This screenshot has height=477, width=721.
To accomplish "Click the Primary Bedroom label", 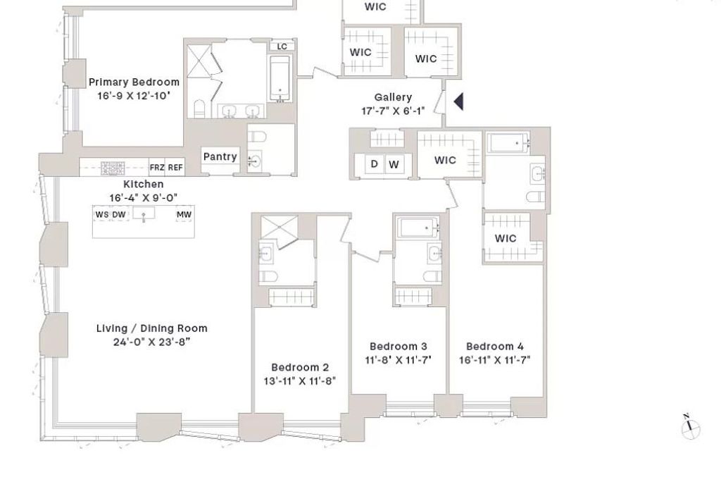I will [x=134, y=82].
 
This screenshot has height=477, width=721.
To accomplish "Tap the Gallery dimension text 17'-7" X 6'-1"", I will [x=393, y=111].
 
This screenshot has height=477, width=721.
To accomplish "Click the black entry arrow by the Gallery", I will [x=458, y=102].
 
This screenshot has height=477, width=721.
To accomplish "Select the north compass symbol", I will [x=691, y=426].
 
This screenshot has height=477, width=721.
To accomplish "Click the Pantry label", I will [x=220, y=156].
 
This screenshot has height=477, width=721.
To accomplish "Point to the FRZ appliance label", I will [x=157, y=168].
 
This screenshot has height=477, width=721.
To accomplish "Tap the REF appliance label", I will [x=175, y=168].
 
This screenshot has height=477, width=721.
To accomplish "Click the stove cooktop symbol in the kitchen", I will [x=113, y=168].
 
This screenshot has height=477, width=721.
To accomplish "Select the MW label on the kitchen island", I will [x=184, y=215].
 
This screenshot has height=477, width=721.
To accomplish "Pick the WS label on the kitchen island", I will [x=102, y=215].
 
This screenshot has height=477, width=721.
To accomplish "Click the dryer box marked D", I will [x=375, y=165].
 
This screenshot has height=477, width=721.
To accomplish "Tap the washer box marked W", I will [x=394, y=165].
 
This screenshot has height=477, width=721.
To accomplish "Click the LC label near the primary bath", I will [x=282, y=47].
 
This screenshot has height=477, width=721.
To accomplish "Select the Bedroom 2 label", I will [x=300, y=367].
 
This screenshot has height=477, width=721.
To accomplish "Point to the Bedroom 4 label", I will [x=495, y=347].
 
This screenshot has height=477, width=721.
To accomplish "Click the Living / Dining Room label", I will [x=151, y=328].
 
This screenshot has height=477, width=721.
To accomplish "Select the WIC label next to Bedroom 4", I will [x=506, y=238].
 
